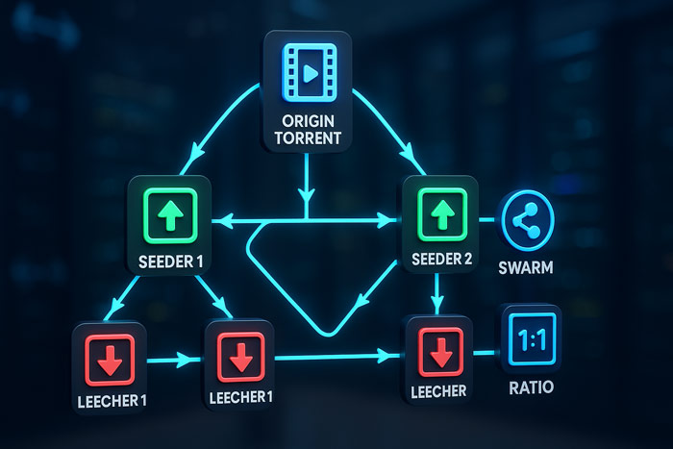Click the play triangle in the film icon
[311, 73]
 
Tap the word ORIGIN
[308, 121]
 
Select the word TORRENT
[308, 138]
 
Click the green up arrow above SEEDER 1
[170, 215]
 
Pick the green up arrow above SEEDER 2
[442, 214]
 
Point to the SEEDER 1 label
[170, 262]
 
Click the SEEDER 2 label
[441, 259]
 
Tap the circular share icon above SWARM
[526, 220]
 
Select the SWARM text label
[525, 267]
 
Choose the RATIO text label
[531, 387]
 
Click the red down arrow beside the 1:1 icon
[441, 352]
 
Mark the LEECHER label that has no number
[438, 391]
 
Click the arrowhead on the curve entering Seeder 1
[197, 152]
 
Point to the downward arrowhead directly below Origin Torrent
[307, 195]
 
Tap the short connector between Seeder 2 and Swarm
[487, 220]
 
